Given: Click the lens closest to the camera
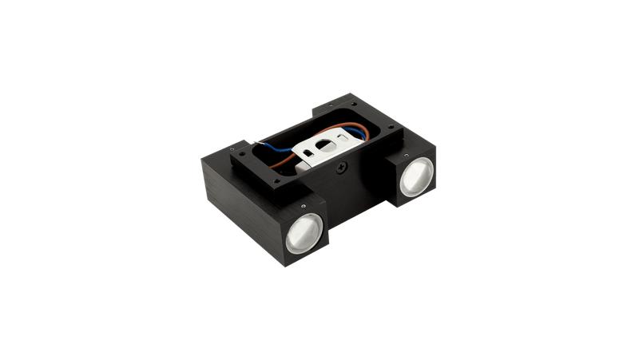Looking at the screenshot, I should click(x=304, y=234).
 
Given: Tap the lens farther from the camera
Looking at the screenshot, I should click(x=415, y=176).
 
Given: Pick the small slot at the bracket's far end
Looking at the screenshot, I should click(x=343, y=137).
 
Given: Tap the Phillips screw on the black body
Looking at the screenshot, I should click(x=342, y=168).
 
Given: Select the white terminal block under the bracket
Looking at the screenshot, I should click(x=303, y=168).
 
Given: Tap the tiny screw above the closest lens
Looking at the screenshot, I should click(x=303, y=204).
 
